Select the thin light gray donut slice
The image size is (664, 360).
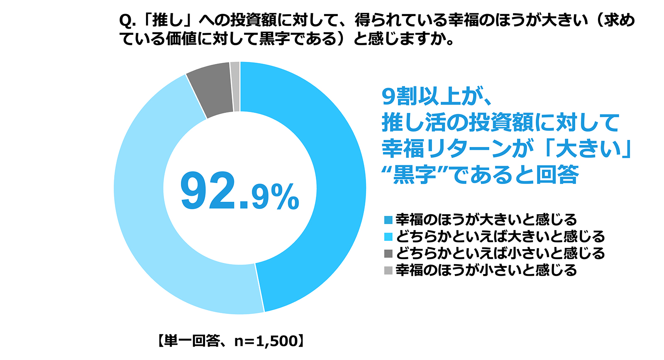[x=235, y=86]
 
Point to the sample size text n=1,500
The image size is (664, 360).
[x=266, y=341]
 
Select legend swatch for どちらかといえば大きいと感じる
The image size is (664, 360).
[x=388, y=237]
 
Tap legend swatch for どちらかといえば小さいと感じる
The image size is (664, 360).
[x=388, y=254]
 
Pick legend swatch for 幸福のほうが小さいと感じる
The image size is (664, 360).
[x=388, y=271]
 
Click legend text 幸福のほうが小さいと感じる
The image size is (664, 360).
[x=486, y=270]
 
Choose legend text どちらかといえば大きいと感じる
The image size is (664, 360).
[x=500, y=237]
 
